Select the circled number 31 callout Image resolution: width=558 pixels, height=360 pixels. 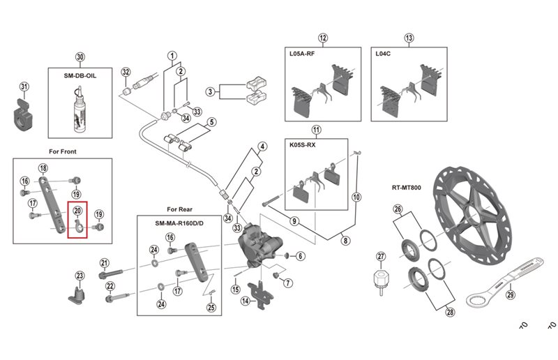click(24, 87)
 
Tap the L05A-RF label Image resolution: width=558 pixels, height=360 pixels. click(304, 53)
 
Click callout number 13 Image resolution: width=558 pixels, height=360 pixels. click(409, 38)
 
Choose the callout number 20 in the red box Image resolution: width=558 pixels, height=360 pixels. click(77, 211)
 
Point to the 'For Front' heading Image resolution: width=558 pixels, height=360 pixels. click(63, 151)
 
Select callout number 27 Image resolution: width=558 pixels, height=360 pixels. click(381, 256)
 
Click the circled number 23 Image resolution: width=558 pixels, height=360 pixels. click(80, 276)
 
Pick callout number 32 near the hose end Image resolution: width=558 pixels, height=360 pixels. click(126, 73)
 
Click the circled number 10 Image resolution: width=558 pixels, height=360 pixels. click(356, 197)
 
